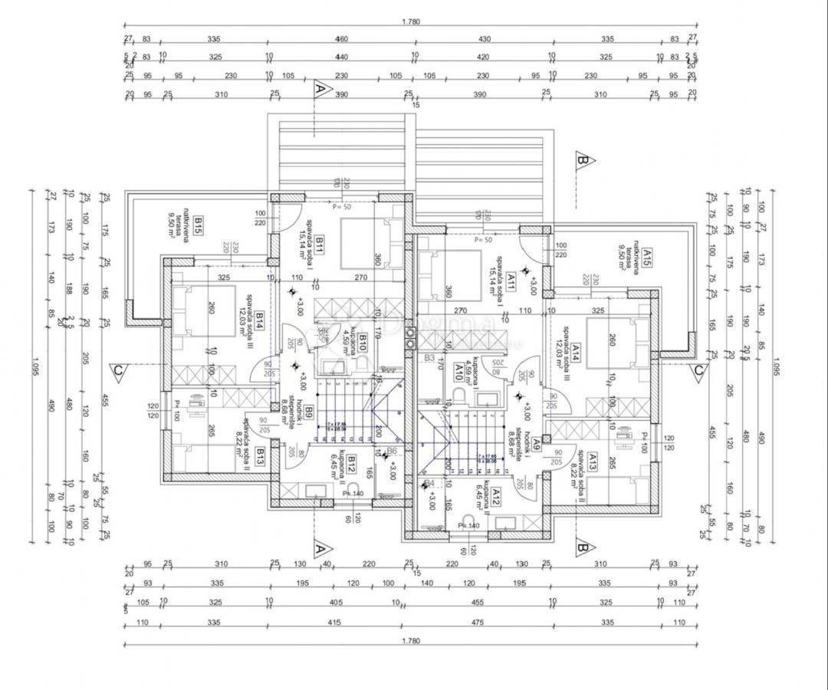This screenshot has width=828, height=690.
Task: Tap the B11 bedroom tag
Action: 318,245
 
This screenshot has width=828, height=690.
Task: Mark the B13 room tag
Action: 260,457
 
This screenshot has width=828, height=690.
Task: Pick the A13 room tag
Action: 592,460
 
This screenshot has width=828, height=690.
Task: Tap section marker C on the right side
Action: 699,372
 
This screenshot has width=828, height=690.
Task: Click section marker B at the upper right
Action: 583,160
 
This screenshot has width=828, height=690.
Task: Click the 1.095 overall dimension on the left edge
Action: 33,365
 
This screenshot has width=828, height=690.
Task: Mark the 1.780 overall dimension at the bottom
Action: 411,641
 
